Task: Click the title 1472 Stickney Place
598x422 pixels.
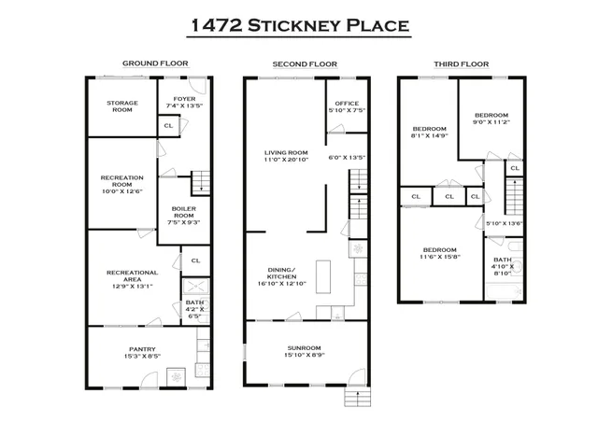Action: pos(299,24)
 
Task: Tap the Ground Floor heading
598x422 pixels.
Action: pos(155,64)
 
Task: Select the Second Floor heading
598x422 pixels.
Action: pos(305,64)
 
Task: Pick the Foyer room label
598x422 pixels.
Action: pos(179,98)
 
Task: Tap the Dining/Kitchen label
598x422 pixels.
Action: pos(281,274)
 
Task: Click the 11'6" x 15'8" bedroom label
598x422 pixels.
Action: pos(437,255)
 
